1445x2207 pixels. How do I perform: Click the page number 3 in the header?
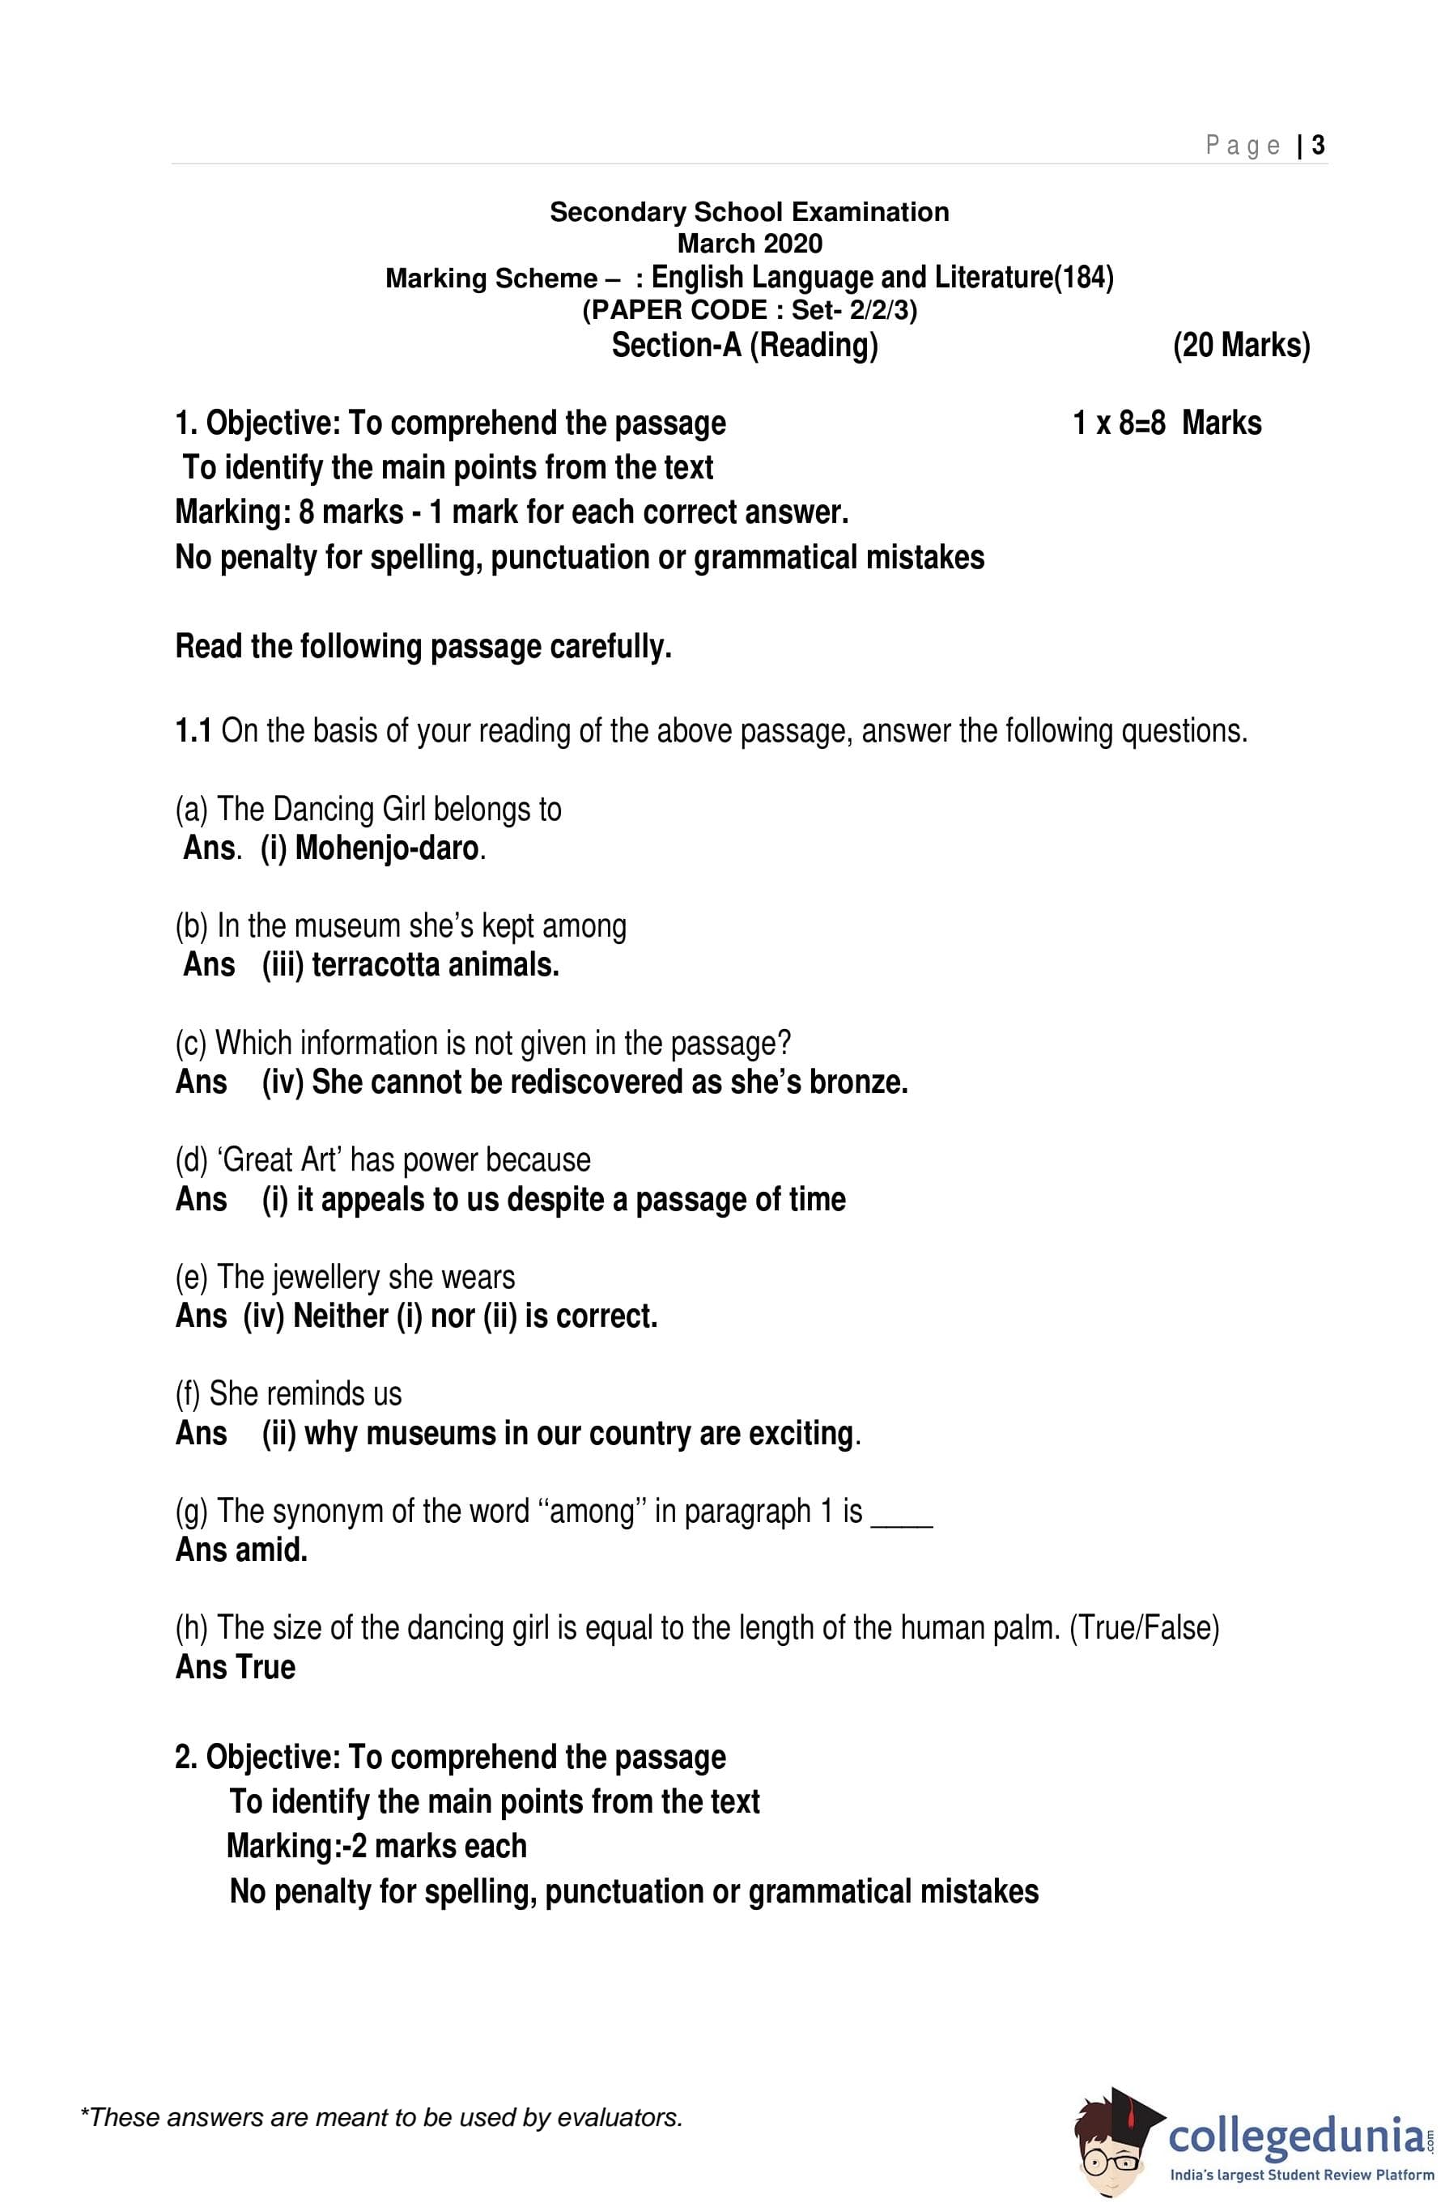pyautogui.click(x=1318, y=145)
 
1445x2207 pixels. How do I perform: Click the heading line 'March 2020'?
pyautogui.click(x=750, y=244)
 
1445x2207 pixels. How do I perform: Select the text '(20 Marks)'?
pyautogui.click(x=1241, y=346)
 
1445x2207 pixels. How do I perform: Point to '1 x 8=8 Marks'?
pyautogui.click(x=1167, y=423)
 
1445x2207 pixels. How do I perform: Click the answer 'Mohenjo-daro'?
pyautogui.click(x=387, y=848)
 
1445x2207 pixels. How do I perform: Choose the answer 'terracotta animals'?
pyautogui.click(x=435, y=965)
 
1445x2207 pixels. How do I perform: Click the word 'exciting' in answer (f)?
pyautogui.click(x=801, y=1433)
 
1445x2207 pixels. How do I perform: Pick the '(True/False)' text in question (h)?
pyautogui.click(x=1144, y=1627)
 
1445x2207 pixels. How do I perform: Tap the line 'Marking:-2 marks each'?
pyautogui.click(x=376, y=1846)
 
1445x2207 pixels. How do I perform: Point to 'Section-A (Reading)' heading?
pyautogui.click(x=744, y=346)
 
